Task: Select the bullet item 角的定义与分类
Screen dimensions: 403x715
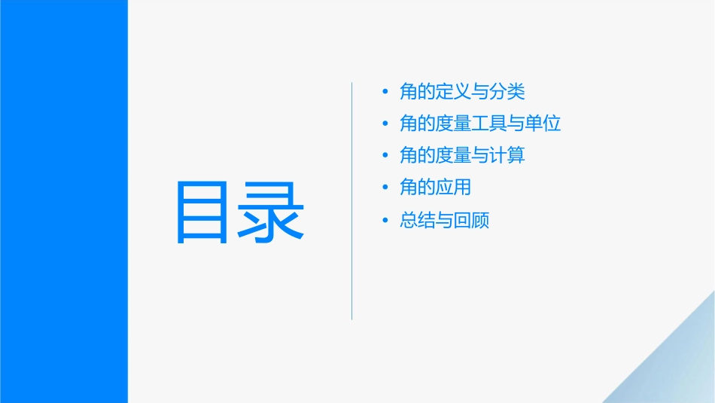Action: pos(462,92)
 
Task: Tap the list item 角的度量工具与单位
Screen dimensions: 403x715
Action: pos(480,124)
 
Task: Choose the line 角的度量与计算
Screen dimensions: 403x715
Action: pos(462,155)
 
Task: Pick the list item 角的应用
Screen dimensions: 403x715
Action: pos(435,188)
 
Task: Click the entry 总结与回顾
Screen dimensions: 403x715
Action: pos(444,221)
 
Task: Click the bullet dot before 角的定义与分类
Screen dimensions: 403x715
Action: pos(385,93)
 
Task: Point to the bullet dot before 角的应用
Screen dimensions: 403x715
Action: pos(385,188)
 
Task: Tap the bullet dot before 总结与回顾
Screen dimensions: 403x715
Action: pos(385,221)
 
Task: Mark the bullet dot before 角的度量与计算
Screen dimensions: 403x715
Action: pos(385,156)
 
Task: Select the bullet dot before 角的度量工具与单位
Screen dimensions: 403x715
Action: pos(385,124)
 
